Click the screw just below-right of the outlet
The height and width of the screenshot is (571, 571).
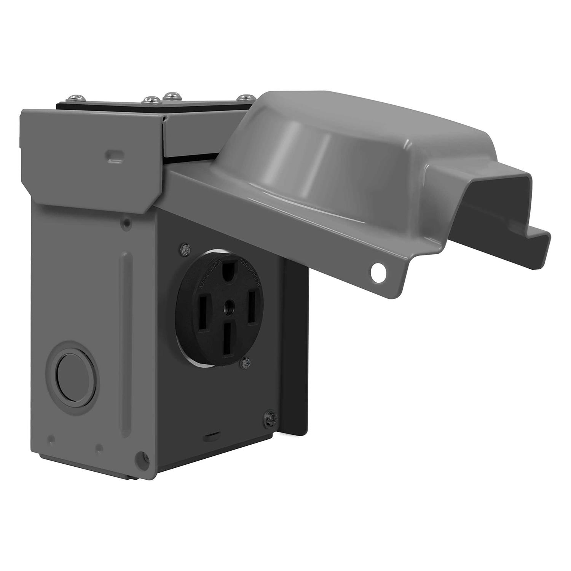(x=246, y=364)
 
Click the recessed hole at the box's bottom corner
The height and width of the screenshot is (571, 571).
(x=143, y=456)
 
